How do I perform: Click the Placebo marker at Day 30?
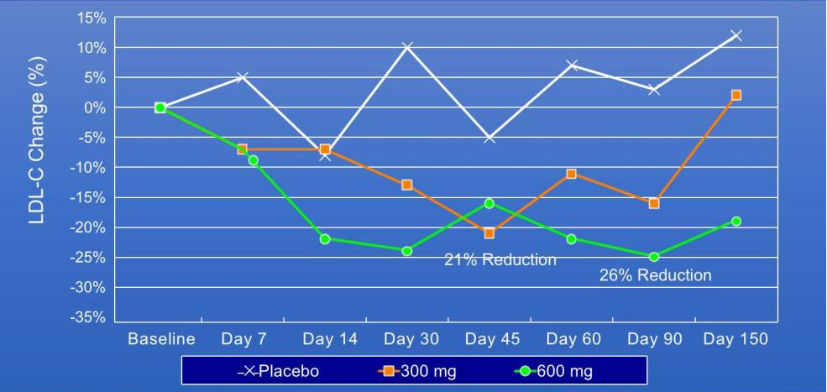point(407,48)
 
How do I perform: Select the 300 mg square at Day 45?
point(489,233)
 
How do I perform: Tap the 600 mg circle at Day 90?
point(654,257)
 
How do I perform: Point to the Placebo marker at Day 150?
point(736,35)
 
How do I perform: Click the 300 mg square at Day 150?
point(736,95)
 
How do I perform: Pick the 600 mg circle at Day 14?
point(325,239)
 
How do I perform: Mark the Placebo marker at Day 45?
point(489,138)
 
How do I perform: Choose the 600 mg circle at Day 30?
point(407,251)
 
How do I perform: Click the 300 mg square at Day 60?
point(572,174)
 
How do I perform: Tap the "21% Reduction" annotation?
point(500,260)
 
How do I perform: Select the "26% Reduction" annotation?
point(655,275)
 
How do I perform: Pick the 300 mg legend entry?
point(416,371)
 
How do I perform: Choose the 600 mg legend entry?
point(556,371)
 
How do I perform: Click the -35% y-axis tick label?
point(89,317)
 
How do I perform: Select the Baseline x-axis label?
point(161,339)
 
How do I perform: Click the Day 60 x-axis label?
point(573,339)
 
